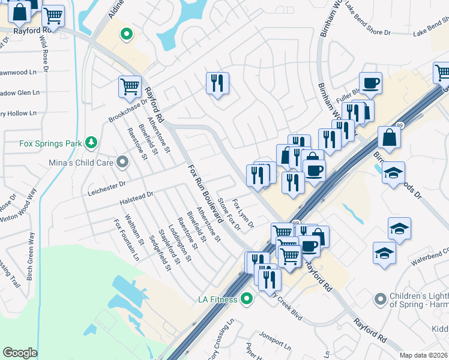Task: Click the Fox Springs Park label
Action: point(50,143)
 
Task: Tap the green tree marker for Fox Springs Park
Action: point(91,143)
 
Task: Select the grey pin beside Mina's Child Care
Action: point(123,162)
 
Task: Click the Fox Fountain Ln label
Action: point(126,240)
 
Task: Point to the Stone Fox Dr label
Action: point(228,215)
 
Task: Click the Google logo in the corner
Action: point(20,353)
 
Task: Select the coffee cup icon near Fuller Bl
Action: point(370,83)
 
